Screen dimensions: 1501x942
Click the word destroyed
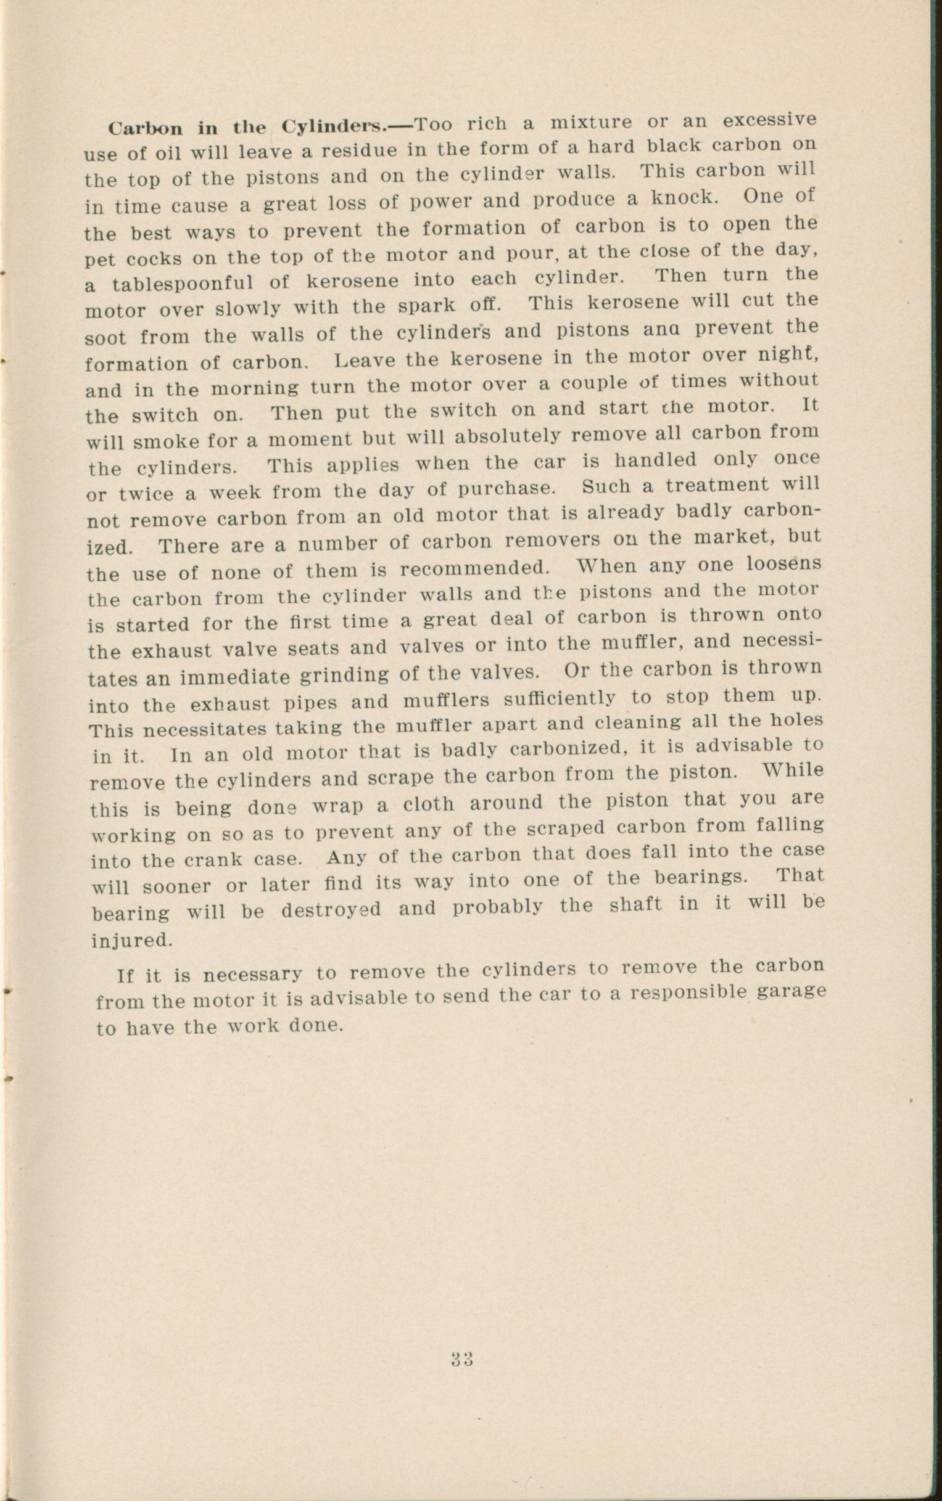click(x=331, y=910)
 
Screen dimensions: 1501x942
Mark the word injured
click(x=131, y=939)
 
